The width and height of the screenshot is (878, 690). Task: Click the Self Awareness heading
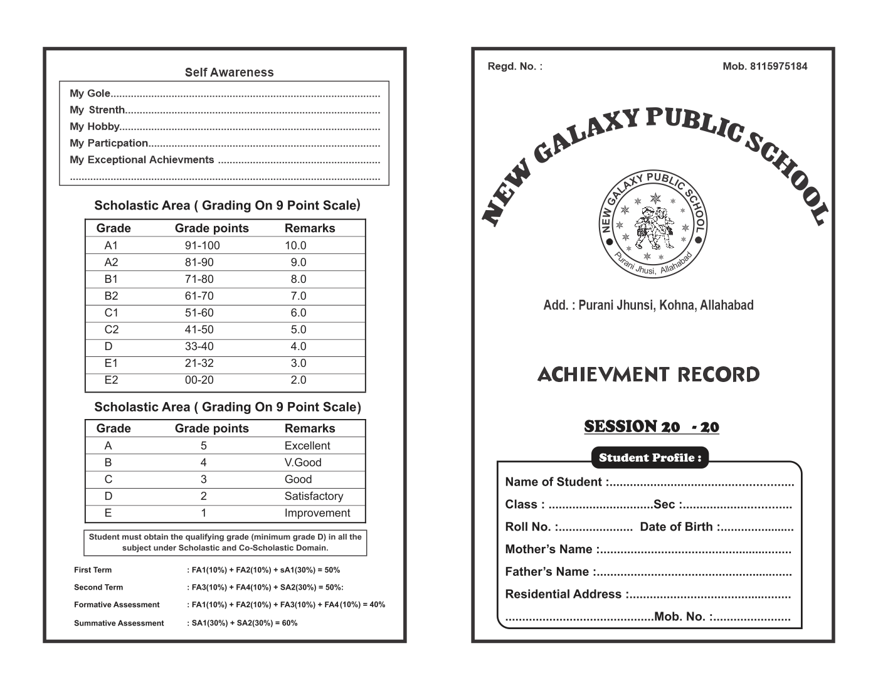click(229, 72)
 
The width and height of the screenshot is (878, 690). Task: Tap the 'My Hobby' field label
click(94, 126)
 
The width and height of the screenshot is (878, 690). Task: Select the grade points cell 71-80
click(199, 279)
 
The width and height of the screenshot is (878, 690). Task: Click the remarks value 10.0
click(295, 245)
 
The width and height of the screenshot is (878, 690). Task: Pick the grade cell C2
click(111, 329)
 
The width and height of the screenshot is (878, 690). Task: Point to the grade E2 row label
click(111, 379)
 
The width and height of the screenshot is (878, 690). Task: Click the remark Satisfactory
click(314, 496)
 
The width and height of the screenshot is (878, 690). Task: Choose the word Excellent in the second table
click(307, 445)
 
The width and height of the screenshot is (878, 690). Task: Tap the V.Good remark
click(302, 462)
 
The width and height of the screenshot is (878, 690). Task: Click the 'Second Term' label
click(98, 587)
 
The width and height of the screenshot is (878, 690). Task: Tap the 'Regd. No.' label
click(515, 66)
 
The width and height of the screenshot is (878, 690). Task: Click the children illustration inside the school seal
click(652, 226)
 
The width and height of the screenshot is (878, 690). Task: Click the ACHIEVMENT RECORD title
click(648, 374)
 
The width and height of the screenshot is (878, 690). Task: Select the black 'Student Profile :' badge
click(650, 457)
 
